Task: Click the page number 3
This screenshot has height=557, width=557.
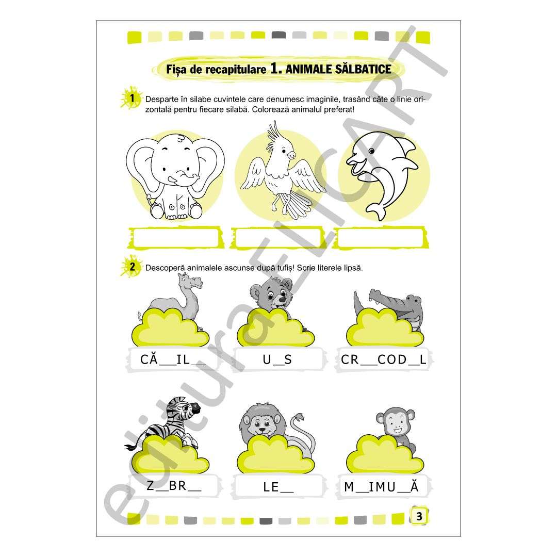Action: click(419, 516)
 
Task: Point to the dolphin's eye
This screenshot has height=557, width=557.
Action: click(371, 151)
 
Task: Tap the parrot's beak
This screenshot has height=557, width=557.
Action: click(291, 155)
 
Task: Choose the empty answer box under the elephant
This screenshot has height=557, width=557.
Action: click(176, 238)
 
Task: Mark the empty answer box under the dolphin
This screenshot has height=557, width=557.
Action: click(381, 238)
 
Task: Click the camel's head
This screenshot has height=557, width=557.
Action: click(191, 282)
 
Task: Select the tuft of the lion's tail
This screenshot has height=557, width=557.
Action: click(298, 417)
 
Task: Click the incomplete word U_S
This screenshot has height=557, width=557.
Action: click(277, 359)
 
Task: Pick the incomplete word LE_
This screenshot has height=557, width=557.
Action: click(278, 487)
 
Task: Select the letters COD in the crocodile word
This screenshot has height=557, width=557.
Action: click(392, 359)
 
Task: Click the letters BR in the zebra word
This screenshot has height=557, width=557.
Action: click(177, 485)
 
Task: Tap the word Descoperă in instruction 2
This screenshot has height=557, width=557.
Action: click(165, 268)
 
